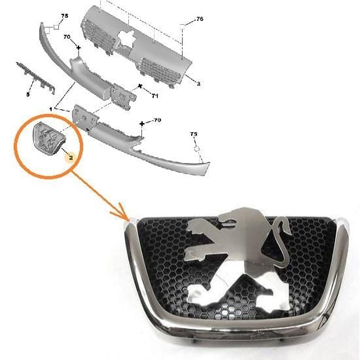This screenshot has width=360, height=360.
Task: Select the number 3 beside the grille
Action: click(198, 83)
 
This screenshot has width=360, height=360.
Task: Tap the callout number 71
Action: click(155, 96)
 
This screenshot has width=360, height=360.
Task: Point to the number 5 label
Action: click(28, 94)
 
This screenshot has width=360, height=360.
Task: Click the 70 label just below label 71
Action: click(156, 120)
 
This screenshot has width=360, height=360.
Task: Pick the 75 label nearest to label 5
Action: click(64, 15)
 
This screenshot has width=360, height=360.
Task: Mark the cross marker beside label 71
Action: click(140, 86)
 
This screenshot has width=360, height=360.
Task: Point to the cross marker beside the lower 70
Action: click(142, 124)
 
